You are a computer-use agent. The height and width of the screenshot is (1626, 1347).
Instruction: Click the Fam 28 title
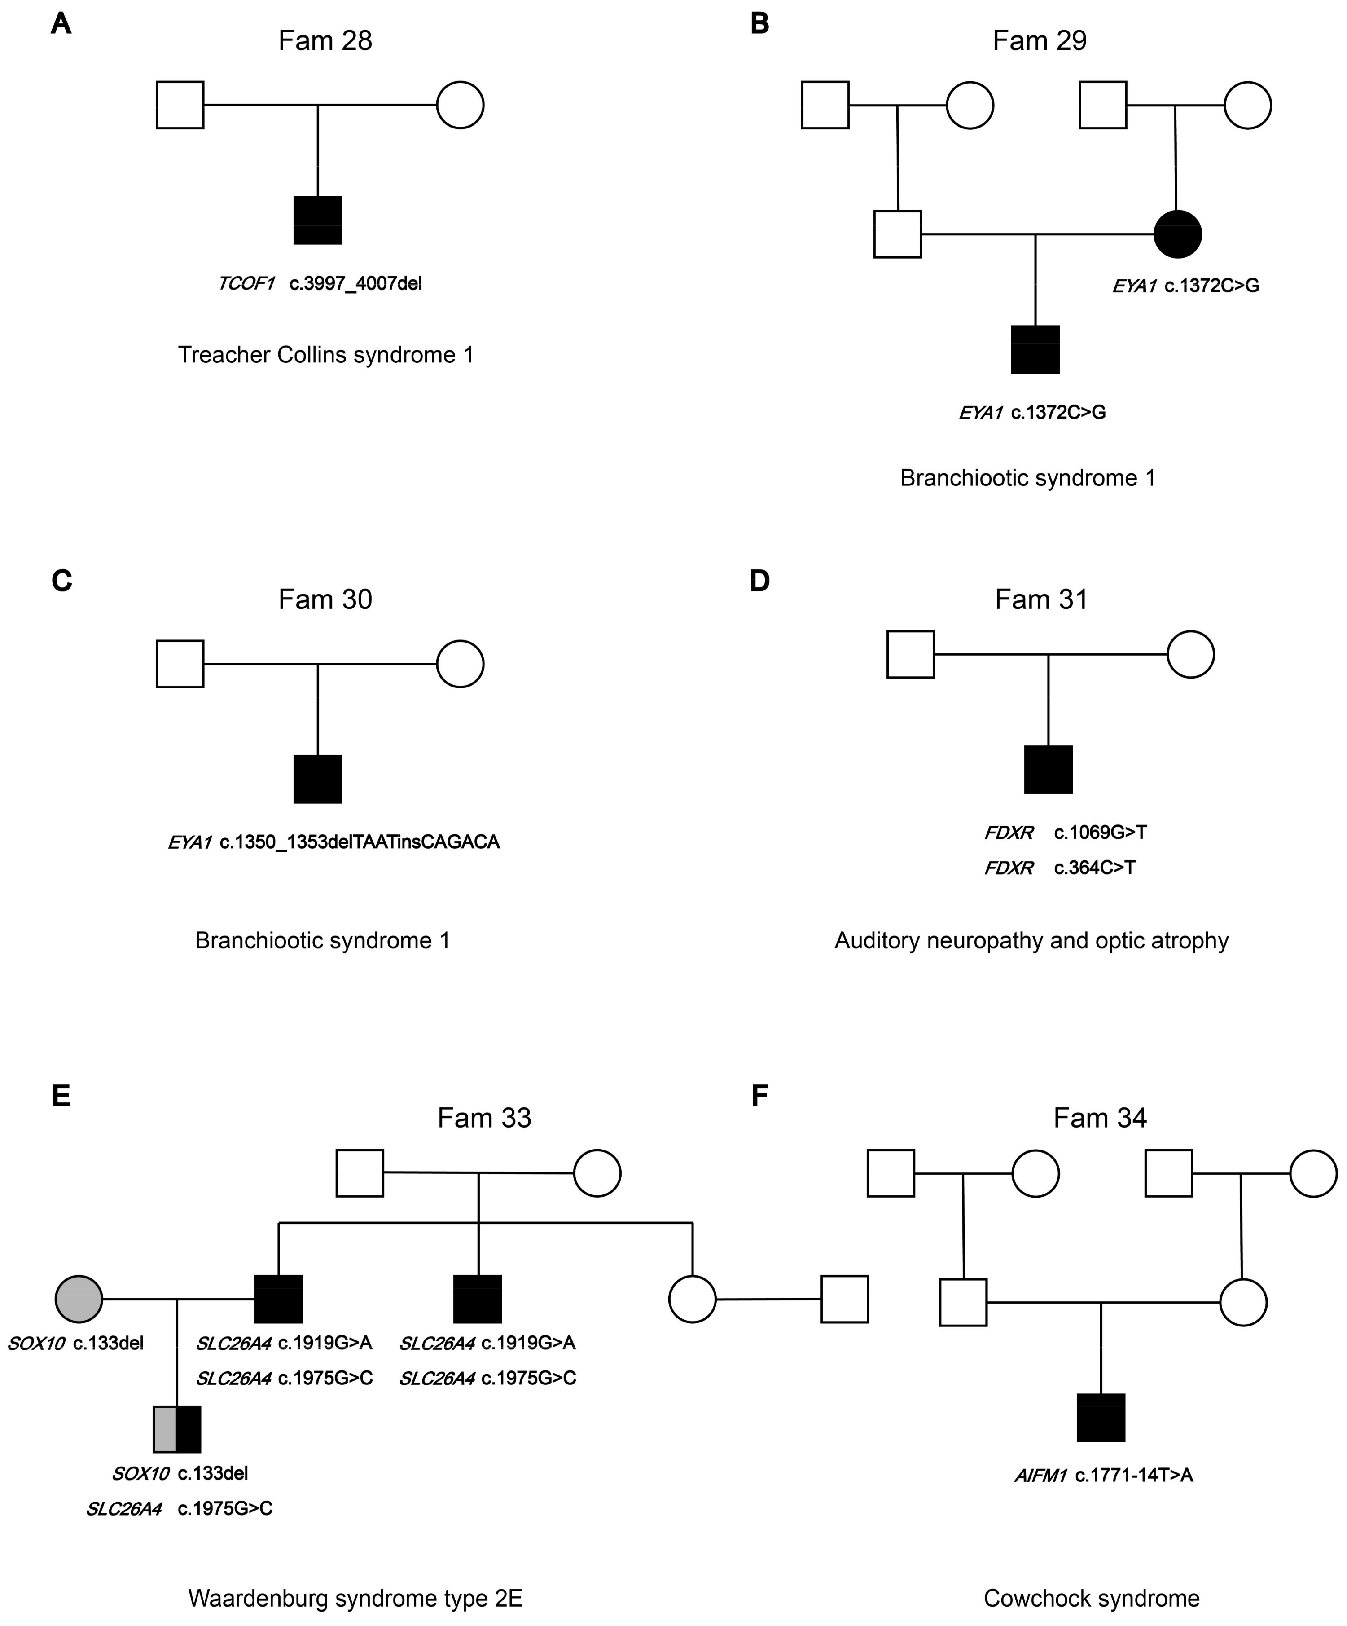pos(325,40)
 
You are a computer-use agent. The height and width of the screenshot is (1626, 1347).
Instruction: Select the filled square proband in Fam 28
pos(317,220)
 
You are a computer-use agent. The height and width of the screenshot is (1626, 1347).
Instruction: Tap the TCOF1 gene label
pos(246,283)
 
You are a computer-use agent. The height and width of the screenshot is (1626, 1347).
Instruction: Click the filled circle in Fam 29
pos(1177,234)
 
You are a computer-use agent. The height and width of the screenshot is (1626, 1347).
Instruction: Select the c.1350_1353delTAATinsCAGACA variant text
pos(359,842)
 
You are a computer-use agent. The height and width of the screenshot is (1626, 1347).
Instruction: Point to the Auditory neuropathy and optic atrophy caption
pos(1031,941)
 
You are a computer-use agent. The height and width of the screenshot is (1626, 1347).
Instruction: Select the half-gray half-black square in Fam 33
pos(177,1428)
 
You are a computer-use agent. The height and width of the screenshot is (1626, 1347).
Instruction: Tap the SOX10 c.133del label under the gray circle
pos(75,1343)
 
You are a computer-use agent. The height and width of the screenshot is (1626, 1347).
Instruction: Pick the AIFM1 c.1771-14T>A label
pos(1103,1475)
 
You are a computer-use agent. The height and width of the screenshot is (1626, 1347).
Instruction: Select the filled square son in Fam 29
pos(1035,349)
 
